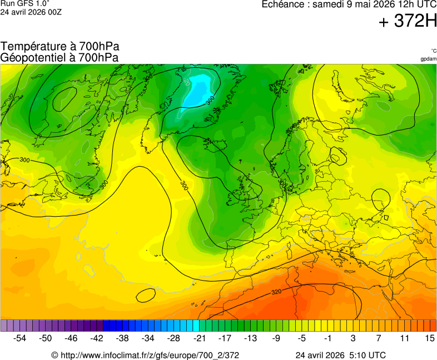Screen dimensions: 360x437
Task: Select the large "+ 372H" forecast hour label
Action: [408, 22]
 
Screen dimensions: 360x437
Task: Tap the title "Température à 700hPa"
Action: [60, 47]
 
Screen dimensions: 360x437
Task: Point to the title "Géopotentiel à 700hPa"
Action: [59, 57]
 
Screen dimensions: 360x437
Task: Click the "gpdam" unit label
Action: [428, 59]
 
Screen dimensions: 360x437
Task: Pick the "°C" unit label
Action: [433, 51]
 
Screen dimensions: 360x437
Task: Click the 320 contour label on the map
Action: [276, 292]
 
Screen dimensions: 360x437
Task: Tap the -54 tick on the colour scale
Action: [20, 338]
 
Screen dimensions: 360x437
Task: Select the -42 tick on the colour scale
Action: [97, 338]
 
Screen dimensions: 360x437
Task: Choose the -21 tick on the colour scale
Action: [199, 338]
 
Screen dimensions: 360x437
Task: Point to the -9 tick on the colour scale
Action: [276, 338]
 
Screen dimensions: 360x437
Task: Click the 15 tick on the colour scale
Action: [429, 338]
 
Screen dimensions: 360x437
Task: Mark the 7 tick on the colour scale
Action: [378, 338]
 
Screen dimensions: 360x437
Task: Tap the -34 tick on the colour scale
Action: [148, 338]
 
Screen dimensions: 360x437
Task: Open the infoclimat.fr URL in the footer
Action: [149, 355]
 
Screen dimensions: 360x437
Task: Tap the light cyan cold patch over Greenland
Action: [199, 89]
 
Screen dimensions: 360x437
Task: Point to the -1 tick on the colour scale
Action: [327, 338]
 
